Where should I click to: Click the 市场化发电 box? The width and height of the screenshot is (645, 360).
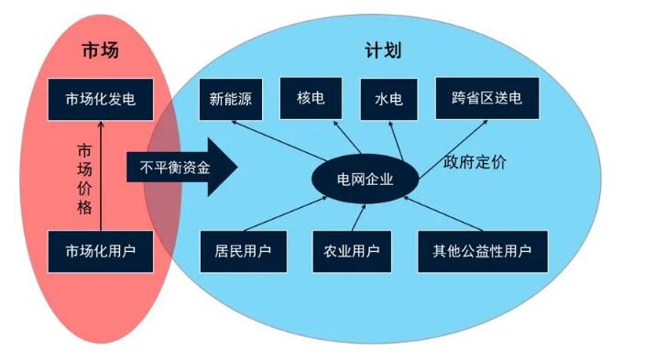[100, 98]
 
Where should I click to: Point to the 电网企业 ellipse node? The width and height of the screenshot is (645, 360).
[365, 179]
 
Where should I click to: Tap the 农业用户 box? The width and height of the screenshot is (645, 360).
[352, 250]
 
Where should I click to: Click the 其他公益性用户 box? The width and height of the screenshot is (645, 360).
[482, 250]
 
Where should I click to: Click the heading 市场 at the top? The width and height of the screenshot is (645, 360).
[100, 50]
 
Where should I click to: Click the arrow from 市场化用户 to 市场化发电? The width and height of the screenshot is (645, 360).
[101, 174]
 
